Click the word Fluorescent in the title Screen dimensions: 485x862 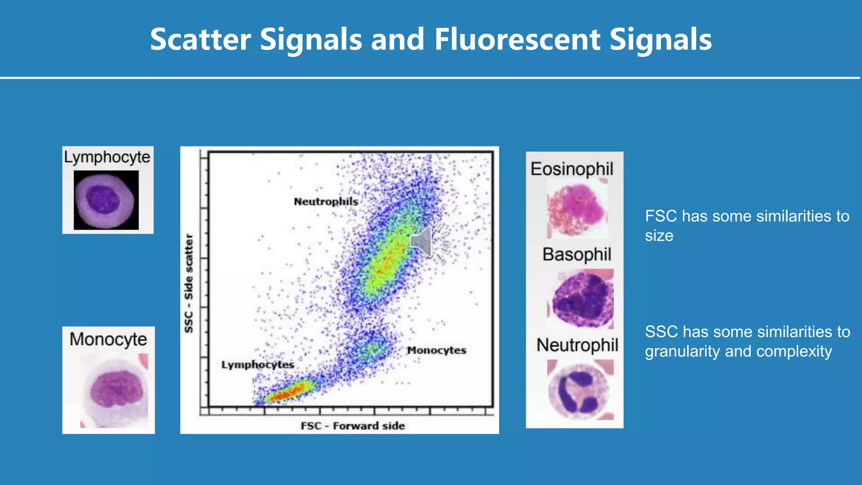pyautogui.click(x=517, y=39)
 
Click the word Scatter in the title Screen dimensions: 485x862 pyautogui.click(x=200, y=39)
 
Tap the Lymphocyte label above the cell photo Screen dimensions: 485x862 pyautogui.click(x=107, y=157)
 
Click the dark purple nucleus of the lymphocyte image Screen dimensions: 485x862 pyautogui.click(x=103, y=199)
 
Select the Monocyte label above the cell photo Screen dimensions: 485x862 pyautogui.click(x=108, y=339)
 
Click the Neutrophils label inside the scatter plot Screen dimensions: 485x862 pyautogui.click(x=326, y=202)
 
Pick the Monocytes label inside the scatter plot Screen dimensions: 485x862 pyautogui.click(x=436, y=350)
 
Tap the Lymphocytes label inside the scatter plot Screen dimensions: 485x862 pyautogui.click(x=258, y=365)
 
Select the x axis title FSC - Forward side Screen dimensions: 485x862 pyautogui.click(x=353, y=426)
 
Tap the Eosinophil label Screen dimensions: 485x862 pyautogui.click(x=572, y=169)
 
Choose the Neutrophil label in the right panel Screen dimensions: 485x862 pyautogui.click(x=577, y=345)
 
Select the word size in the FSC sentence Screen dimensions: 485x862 pyautogui.click(x=659, y=236)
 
